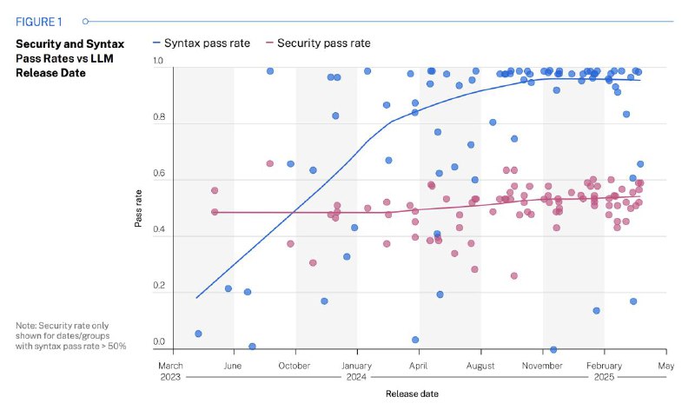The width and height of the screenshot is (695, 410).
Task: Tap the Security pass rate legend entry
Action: click(322, 43)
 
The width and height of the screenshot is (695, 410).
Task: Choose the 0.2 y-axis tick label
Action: click(159, 287)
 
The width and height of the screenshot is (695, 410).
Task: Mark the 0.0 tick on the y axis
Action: click(159, 342)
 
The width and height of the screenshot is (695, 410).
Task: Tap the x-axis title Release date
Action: click(413, 393)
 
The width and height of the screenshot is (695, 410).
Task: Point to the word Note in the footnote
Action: click(25, 326)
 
